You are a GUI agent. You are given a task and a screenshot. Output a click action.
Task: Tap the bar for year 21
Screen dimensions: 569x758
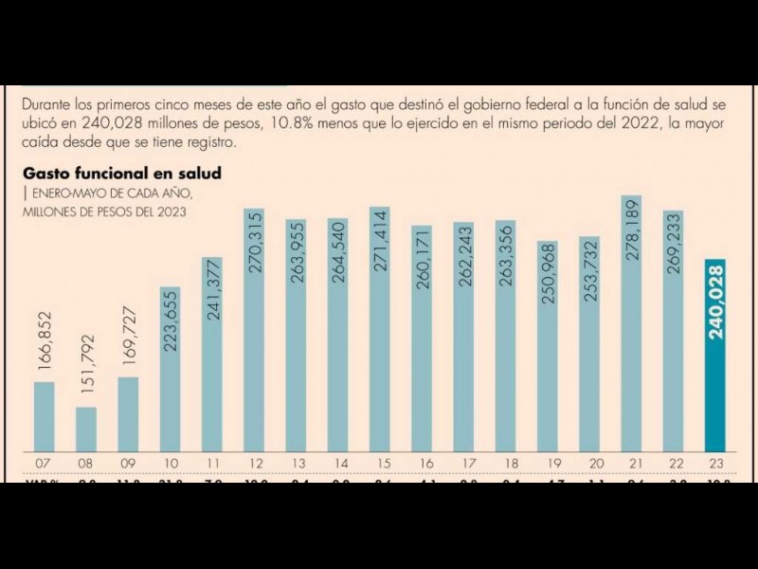tap(632, 322)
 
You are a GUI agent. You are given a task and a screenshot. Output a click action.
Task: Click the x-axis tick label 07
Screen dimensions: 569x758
tap(45, 463)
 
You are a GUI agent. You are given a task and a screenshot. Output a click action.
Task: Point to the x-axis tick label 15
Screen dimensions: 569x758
tap(379, 463)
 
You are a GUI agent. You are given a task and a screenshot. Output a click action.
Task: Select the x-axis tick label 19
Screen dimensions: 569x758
tap(548, 463)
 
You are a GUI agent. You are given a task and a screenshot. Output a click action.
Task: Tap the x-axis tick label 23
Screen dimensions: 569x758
tap(715, 463)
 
